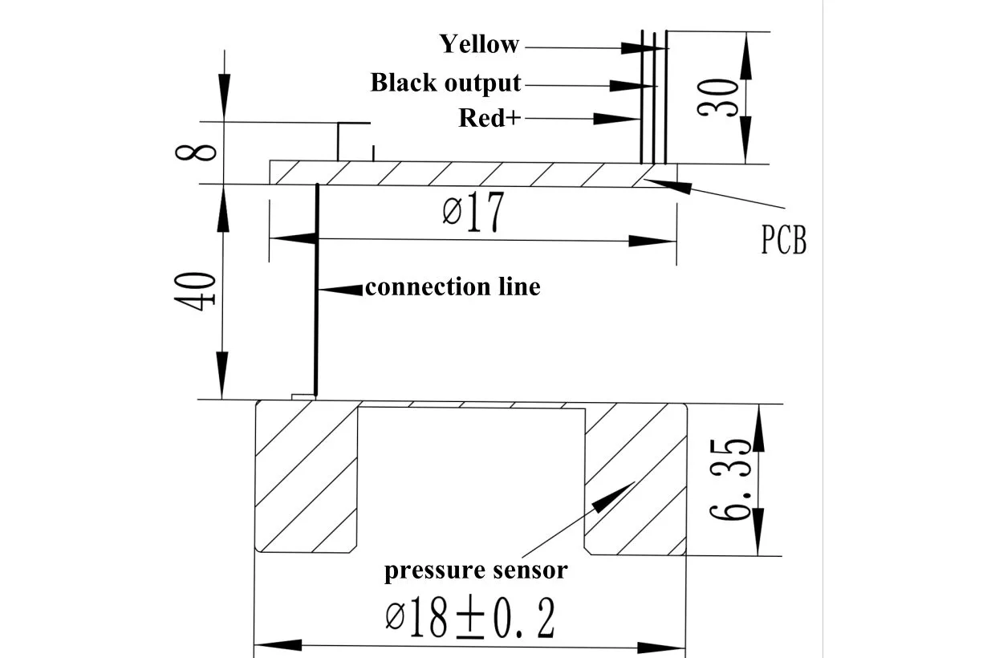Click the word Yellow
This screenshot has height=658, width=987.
click(480, 44)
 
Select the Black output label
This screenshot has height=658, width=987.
click(445, 83)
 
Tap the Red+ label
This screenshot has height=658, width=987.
click(489, 118)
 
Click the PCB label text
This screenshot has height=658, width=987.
click(783, 240)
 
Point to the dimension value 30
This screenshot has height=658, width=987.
click(718, 98)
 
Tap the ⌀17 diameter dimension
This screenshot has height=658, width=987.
click(473, 213)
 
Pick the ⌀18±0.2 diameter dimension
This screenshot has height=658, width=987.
click(470, 617)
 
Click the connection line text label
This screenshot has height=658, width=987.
click(453, 286)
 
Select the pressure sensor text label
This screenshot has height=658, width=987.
click(475, 571)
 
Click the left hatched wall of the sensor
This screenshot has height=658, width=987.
click(306, 477)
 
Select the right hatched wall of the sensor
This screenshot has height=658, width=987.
click(636, 477)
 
